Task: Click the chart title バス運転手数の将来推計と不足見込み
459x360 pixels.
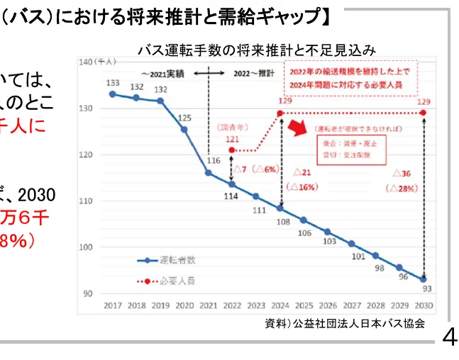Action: tap(256, 50)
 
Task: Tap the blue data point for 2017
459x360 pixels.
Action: tap(112, 94)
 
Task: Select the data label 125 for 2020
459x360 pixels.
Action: tap(184, 118)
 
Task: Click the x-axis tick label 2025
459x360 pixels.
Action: tap(304, 305)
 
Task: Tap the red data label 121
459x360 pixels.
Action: tap(232, 140)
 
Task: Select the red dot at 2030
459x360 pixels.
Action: tap(424, 113)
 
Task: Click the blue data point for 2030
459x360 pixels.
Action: tap(424, 279)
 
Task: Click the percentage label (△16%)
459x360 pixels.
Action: tap(302, 187)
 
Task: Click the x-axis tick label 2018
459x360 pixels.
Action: tap(136, 305)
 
